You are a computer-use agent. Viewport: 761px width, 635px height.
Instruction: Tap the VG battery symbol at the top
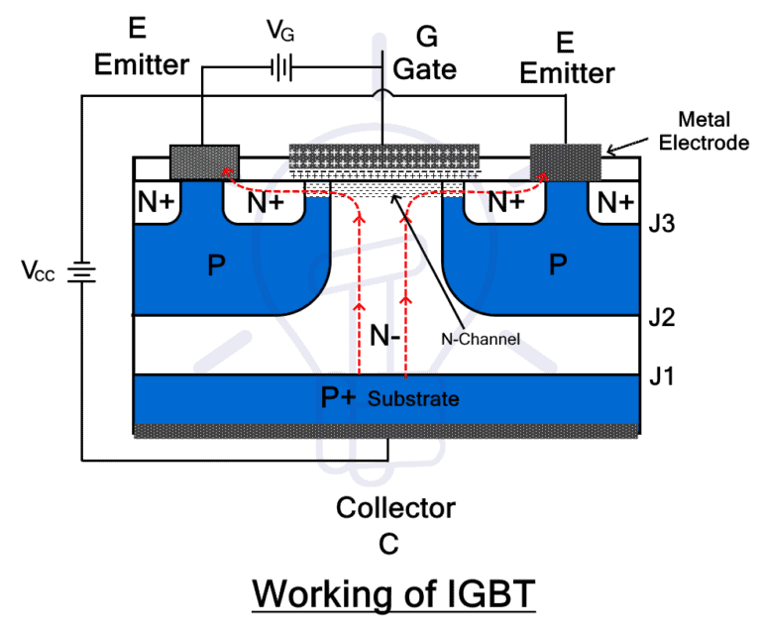click(x=281, y=68)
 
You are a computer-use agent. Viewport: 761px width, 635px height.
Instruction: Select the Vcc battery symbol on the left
click(x=80, y=270)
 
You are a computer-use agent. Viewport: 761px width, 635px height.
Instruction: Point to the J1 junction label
click(x=661, y=375)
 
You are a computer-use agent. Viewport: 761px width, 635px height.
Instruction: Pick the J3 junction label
click(x=661, y=224)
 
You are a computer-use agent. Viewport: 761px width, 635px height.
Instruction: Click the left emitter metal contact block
click(x=204, y=161)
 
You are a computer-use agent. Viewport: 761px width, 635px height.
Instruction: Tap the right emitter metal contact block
click(x=566, y=161)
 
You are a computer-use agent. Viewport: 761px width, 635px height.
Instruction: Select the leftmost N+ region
click(x=156, y=204)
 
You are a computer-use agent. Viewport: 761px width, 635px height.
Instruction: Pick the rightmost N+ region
click(x=615, y=203)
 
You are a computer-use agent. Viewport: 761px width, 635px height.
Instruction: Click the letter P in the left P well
click(x=217, y=265)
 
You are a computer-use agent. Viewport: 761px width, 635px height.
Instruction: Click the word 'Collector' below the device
click(x=395, y=508)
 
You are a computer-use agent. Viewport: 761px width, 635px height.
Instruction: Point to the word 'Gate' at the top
click(x=425, y=69)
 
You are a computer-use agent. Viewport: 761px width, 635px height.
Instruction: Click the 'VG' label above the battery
click(x=279, y=32)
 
